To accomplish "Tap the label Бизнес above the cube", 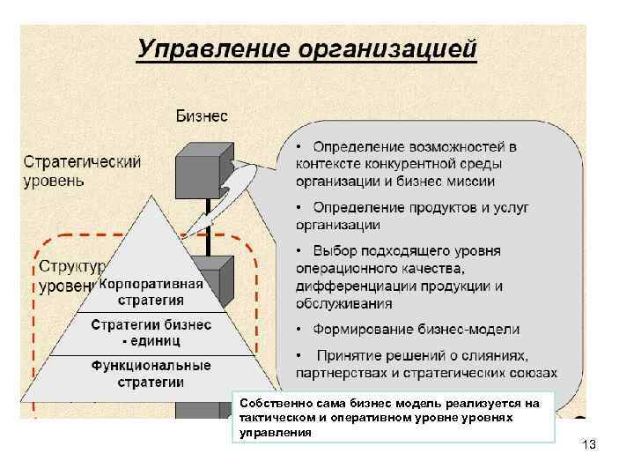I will coord(202,115).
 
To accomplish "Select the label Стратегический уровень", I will coord(82,172).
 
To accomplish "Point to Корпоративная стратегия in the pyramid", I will coord(151,293).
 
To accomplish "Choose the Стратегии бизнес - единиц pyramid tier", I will coord(151,333).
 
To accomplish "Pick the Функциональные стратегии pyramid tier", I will coord(151,374).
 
